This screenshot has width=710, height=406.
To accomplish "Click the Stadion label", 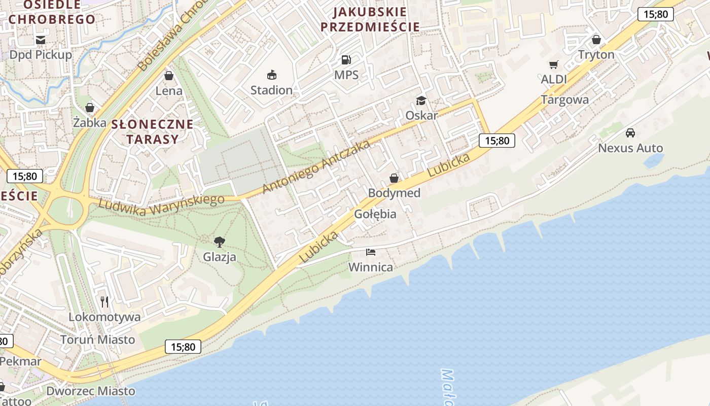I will pos(271,90).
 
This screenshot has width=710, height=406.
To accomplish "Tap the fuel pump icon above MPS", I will pos(346,60).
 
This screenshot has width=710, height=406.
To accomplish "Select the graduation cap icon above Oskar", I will pos(421,100).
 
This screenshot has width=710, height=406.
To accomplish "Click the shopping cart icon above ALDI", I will pos(553,64).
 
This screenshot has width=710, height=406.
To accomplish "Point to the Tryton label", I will pos(596,55).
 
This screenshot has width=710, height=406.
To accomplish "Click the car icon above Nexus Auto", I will pos(630,133).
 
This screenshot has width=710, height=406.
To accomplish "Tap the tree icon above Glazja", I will pos(220,242).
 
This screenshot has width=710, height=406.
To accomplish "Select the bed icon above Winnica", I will pos(371,252).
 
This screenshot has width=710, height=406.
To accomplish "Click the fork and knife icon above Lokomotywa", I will pos(104,302).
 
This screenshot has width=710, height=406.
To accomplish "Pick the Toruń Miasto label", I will pos(97,340).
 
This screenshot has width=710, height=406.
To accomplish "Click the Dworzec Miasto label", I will pos(91,391).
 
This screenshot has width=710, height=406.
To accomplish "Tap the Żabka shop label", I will pos(90,123).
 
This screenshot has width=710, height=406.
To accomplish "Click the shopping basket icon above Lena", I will pos(169,76).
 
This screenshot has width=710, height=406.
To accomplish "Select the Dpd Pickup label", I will pos(41,55).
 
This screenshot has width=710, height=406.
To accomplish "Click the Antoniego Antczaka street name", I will pos(316,167).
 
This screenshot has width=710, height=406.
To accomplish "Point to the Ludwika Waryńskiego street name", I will pos(161,204).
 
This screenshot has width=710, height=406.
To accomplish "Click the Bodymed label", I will pos(394,193).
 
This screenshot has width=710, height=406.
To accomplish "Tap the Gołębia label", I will pos(375,214).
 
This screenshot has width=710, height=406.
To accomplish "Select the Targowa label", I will pos(565,100).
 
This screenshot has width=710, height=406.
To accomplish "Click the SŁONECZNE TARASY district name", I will pos(152,131).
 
